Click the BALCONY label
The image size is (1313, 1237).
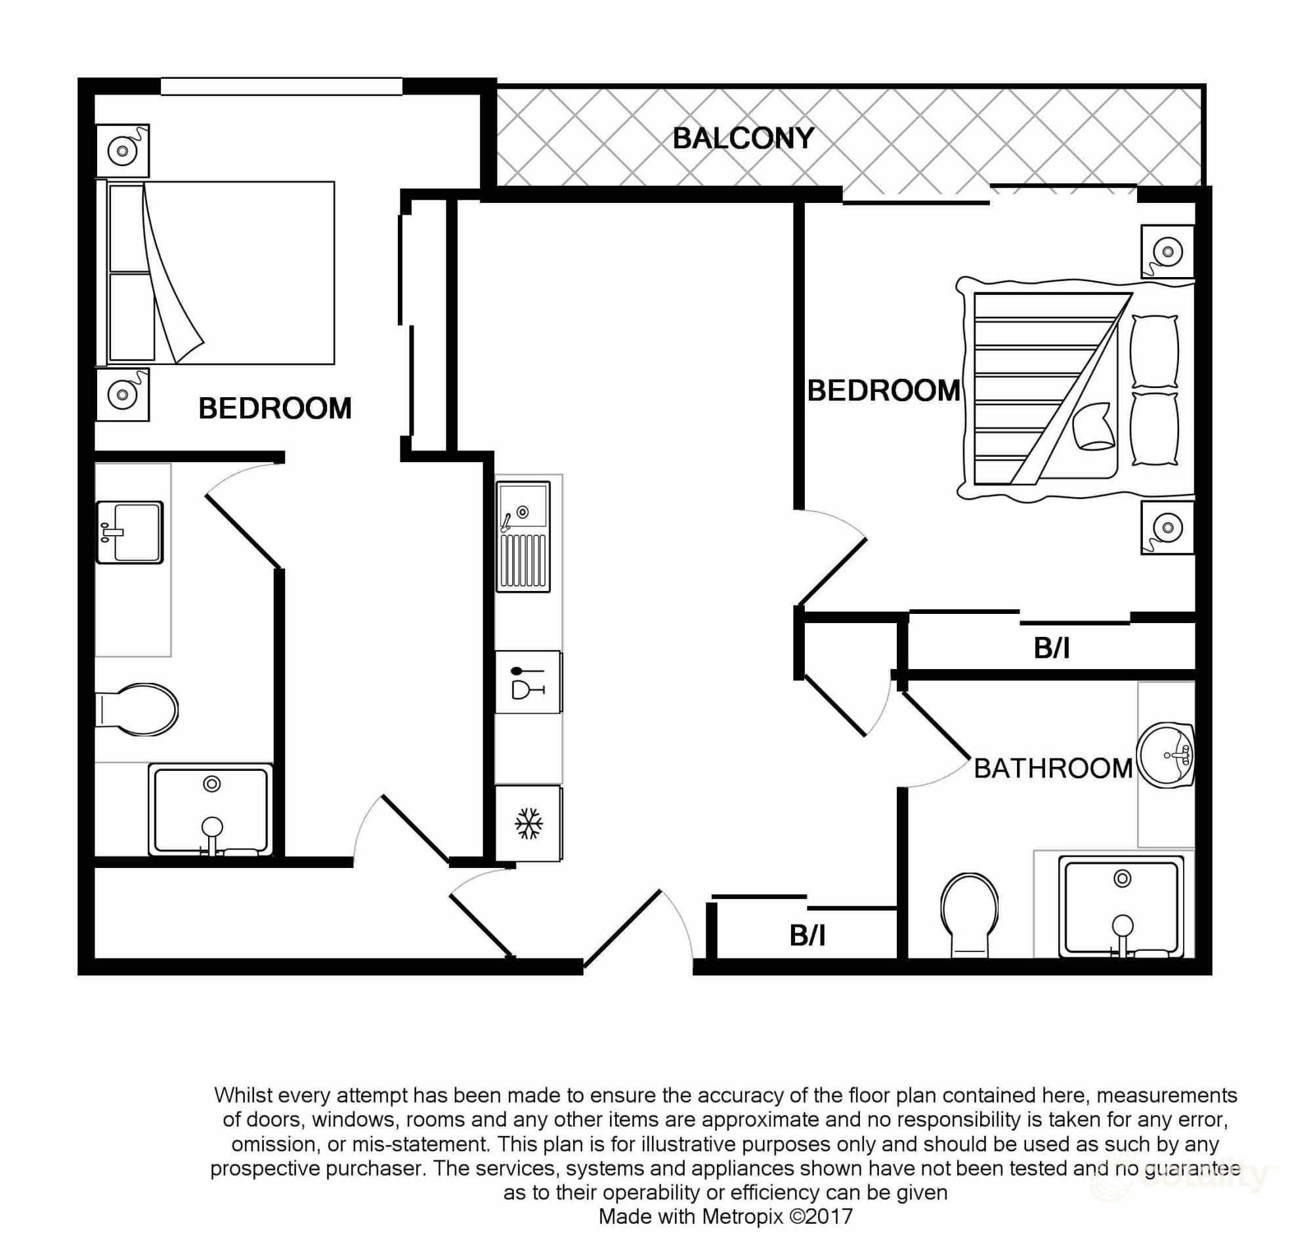click(743, 139)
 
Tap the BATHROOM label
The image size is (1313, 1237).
click(1053, 769)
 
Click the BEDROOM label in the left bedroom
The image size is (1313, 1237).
click(275, 409)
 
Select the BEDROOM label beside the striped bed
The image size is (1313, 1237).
click(883, 391)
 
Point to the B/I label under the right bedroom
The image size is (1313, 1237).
click(1052, 649)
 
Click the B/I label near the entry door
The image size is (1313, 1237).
click(807, 936)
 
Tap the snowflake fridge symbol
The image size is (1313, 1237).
click(528, 823)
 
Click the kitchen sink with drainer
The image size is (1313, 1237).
click(524, 536)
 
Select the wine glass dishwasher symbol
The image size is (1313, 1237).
click(528, 682)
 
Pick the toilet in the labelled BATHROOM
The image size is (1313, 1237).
click(969, 913)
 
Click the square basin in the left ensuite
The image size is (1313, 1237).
click(130, 532)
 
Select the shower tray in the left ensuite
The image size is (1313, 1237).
click(211, 810)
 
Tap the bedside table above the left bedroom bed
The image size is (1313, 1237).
click(123, 150)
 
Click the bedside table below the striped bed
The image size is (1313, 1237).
click(1167, 528)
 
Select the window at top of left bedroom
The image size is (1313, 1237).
click(282, 87)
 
